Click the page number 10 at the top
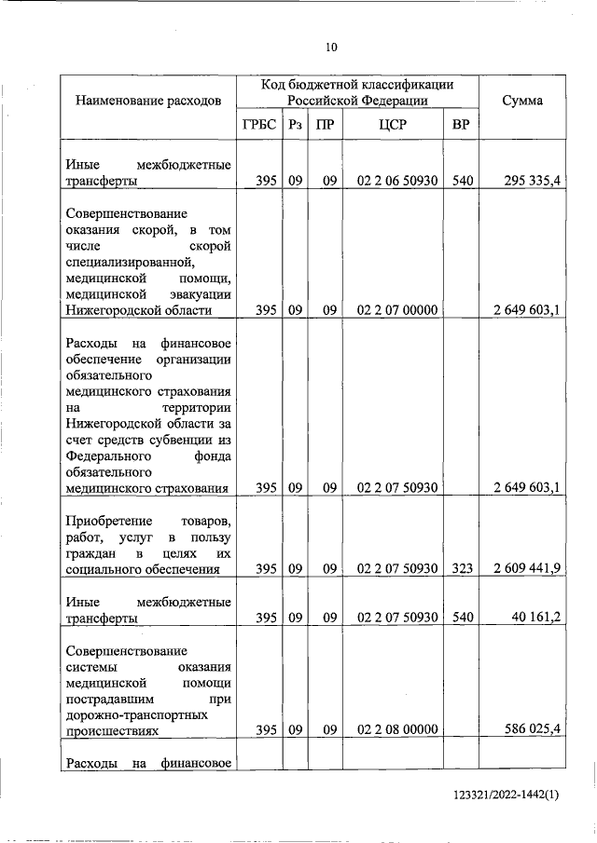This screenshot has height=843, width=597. coord(331,48)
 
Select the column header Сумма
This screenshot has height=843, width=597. coord(522,101)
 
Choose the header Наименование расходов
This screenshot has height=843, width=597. coord(149,101)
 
